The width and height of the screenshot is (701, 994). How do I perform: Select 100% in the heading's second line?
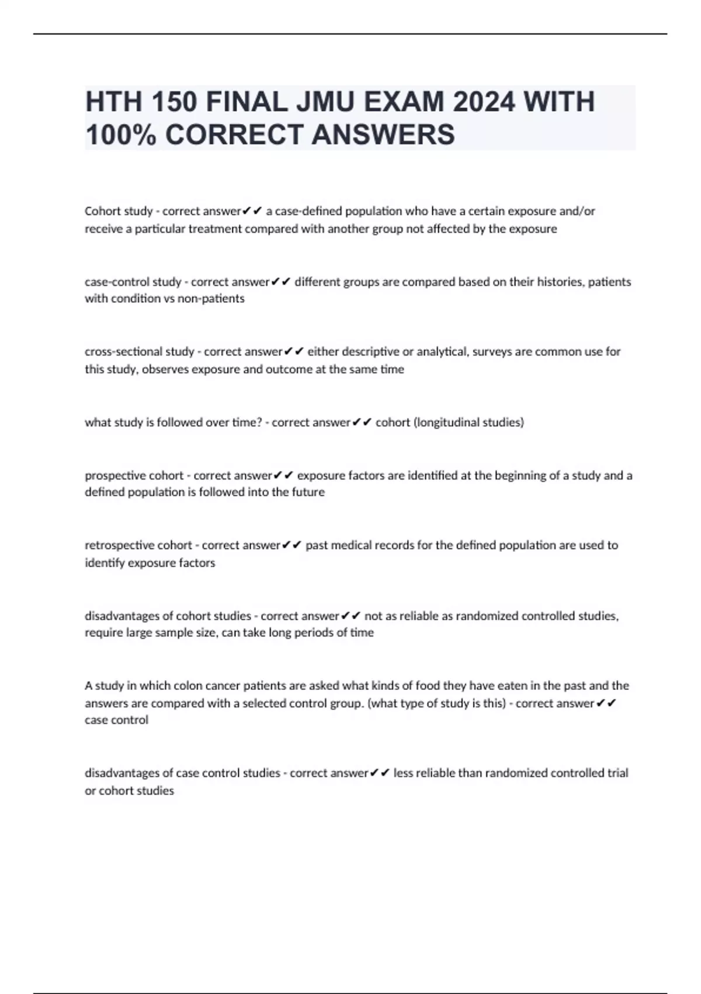pos(121,135)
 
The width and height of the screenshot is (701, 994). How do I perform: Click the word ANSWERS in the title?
pos(383,135)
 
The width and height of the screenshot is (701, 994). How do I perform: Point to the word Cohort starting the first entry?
pos(102,211)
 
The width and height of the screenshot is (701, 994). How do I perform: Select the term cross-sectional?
pos(123,352)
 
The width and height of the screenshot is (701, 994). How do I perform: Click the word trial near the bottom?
pos(617,773)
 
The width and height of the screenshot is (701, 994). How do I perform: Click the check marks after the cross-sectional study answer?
pos(294,352)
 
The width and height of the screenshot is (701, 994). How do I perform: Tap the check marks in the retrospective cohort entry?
pos(292,545)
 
